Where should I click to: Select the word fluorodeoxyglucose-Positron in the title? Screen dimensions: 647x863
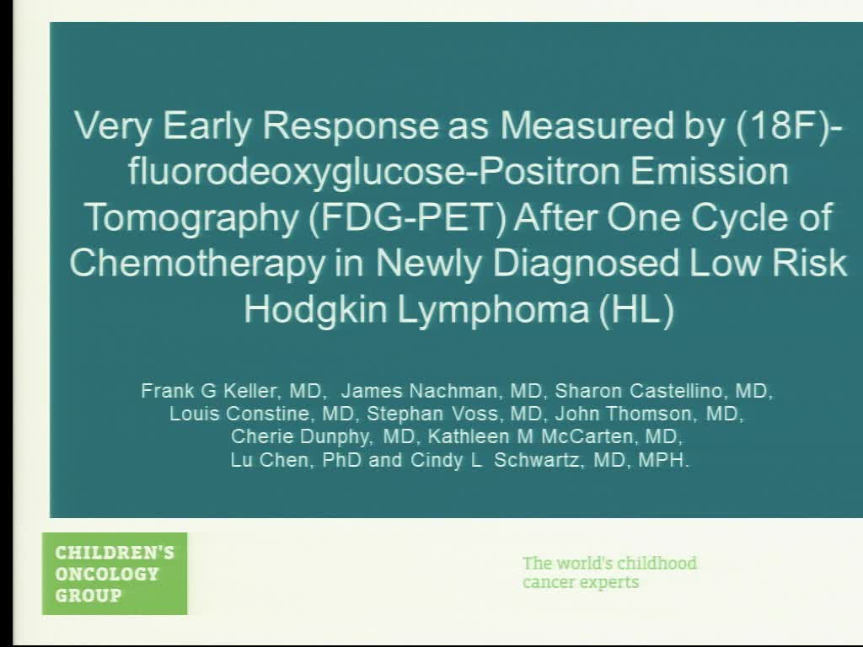[x=348, y=172]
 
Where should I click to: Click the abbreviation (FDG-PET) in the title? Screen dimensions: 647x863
[x=404, y=217]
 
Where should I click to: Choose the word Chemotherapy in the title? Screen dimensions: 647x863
[x=195, y=263]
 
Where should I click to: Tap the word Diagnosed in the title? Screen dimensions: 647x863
[x=586, y=263]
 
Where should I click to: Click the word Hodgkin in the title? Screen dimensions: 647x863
[x=316, y=309]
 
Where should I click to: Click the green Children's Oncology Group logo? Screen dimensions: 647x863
[x=115, y=574]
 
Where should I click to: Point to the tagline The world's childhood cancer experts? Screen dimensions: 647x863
[x=609, y=573]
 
